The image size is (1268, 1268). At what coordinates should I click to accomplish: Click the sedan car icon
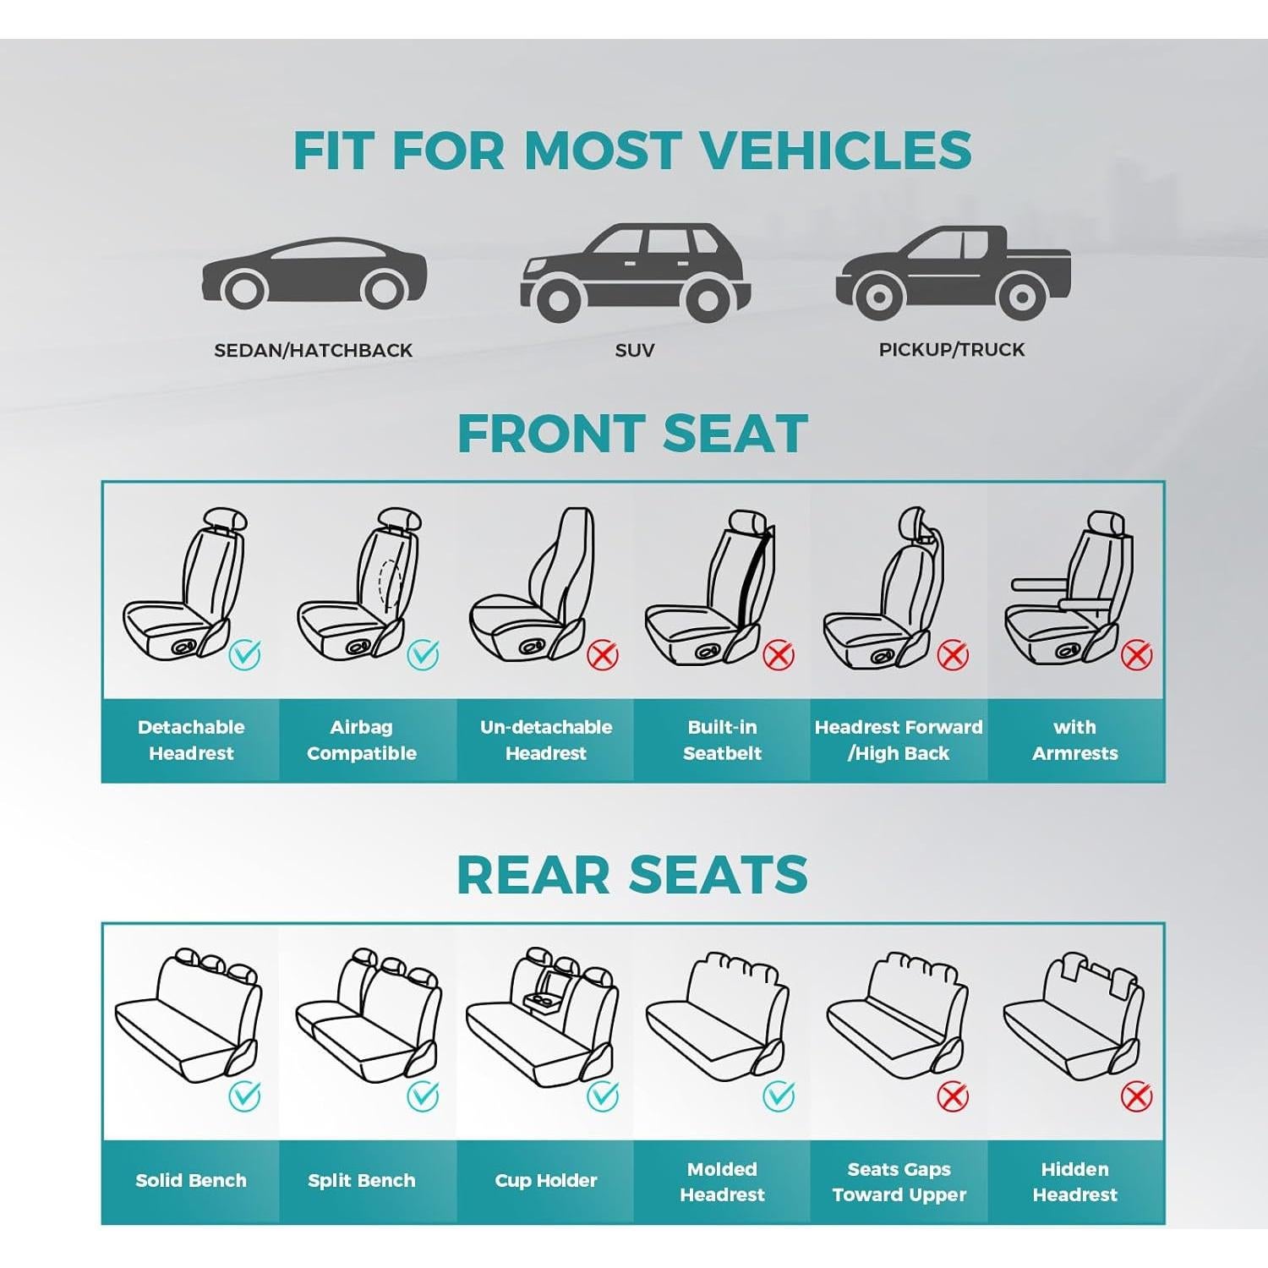[x=314, y=272]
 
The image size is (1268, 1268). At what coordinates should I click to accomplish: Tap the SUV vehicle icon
[x=634, y=272]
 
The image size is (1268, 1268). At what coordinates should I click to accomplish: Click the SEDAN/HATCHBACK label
[x=313, y=350]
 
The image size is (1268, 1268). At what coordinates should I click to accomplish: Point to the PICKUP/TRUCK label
[x=952, y=349]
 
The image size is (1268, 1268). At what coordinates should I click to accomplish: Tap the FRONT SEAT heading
[x=632, y=434]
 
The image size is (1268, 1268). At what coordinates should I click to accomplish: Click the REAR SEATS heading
[x=632, y=874]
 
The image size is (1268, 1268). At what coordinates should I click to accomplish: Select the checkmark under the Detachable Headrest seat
[x=245, y=654]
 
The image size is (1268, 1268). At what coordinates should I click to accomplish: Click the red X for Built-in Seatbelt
[x=779, y=654]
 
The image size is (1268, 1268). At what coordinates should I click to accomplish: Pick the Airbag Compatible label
[x=362, y=740]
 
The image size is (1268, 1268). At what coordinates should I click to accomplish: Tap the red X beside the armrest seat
[x=1136, y=654]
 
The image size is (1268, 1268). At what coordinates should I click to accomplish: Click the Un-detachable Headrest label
[x=546, y=740]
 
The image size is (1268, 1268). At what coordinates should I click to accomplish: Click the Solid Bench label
[x=191, y=1180]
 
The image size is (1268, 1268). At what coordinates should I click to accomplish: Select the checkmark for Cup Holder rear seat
[x=603, y=1096]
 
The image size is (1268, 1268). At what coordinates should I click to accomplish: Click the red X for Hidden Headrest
[x=1136, y=1096]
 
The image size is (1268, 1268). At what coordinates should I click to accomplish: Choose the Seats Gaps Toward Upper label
[x=899, y=1181]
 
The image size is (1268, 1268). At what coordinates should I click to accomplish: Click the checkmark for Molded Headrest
[x=779, y=1096]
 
